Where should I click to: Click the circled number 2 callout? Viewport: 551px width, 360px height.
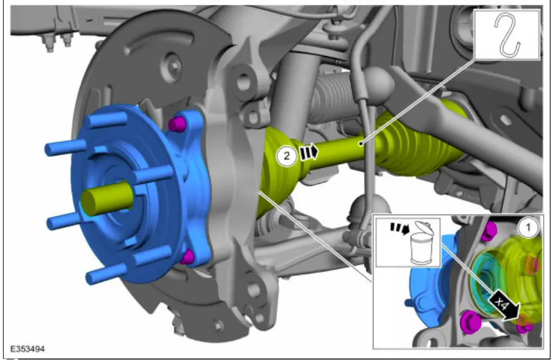287,156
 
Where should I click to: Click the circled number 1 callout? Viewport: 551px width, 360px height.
528,228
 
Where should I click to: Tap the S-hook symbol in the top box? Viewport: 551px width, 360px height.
507,34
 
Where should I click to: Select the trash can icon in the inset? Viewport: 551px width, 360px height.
422,243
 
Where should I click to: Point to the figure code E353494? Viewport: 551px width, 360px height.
28,349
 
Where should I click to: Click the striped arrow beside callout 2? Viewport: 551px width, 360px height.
309,153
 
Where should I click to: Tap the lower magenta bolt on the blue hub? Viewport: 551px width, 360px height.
186,257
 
